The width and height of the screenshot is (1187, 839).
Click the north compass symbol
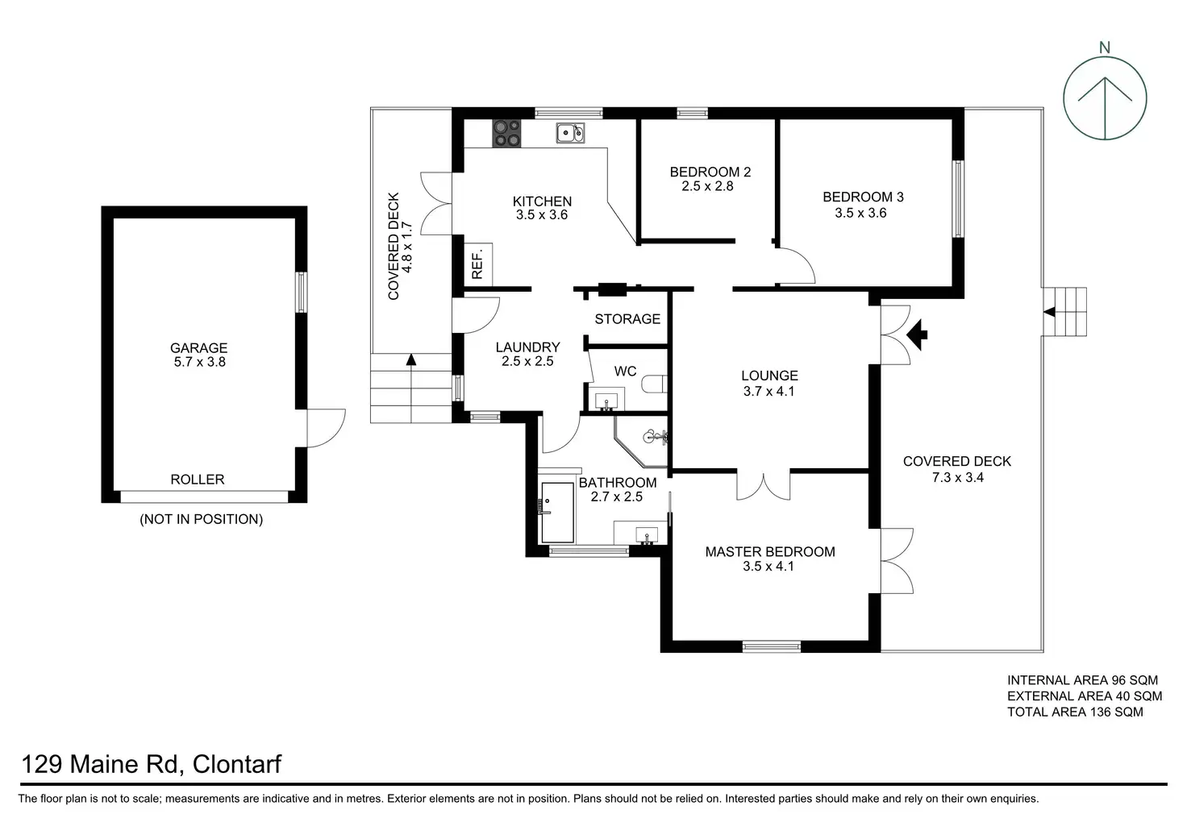(x=1104, y=99)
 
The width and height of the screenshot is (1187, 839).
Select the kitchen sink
(x=570, y=133)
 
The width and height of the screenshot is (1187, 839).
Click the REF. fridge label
(x=477, y=264)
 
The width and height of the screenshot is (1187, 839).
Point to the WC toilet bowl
(x=654, y=385)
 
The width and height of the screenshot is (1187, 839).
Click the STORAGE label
(x=627, y=319)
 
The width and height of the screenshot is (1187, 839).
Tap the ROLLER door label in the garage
(x=198, y=480)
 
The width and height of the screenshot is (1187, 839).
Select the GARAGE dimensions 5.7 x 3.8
(x=198, y=363)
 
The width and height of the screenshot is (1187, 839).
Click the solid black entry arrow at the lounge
(x=918, y=333)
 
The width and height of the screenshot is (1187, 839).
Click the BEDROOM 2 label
(x=710, y=172)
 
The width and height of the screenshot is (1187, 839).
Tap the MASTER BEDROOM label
(x=770, y=552)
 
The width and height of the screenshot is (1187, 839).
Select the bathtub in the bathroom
(x=557, y=512)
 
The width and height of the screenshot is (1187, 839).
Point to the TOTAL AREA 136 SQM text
(x=1075, y=712)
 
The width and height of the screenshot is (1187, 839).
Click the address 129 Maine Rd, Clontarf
(x=152, y=764)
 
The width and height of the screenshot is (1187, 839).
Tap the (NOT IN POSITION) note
(x=202, y=519)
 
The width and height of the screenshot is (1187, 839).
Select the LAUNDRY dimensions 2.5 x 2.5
(x=527, y=362)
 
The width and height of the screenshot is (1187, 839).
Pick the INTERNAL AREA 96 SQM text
(x=1082, y=680)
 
